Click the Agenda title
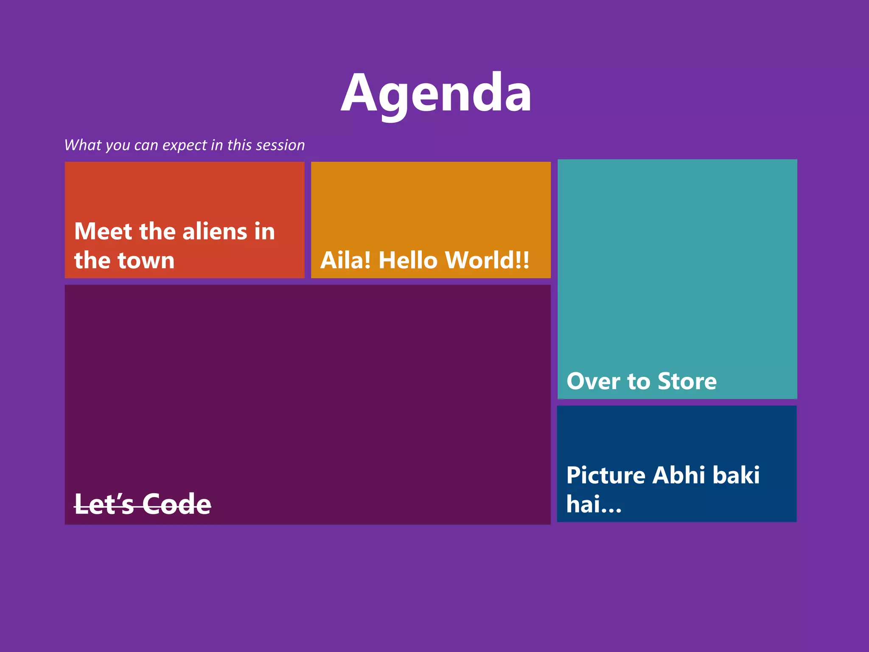pyautogui.click(x=436, y=93)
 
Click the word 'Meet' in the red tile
pyautogui.click(x=103, y=232)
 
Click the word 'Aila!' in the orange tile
pyautogui.click(x=345, y=260)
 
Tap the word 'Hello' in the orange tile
pyautogui.click(x=408, y=260)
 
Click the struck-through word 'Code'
pyautogui.click(x=177, y=504)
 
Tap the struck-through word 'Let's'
pyautogui.click(x=104, y=504)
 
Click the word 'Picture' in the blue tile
pyautogui.click(x=606, y=475)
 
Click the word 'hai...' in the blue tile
pyautogui.click(x=594, y=504)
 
